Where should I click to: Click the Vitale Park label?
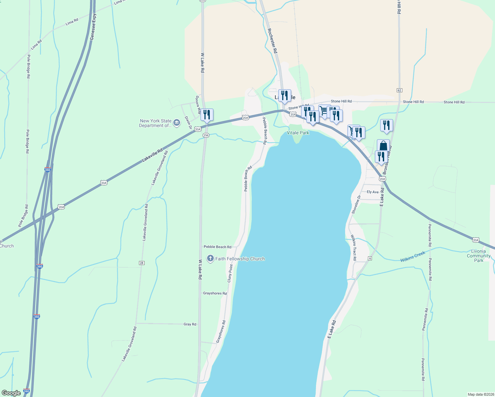pos(298,133)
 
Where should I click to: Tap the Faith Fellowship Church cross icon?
pos(210,258)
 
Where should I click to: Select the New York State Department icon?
pos(177,123)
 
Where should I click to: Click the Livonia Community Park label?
pos(478,256)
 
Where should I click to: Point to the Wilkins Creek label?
pos(413,257)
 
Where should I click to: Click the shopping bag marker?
pos(383,146)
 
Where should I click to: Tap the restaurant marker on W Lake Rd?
pos(207,115)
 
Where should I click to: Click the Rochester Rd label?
pos(272,41)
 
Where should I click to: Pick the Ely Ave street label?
pos(373,192)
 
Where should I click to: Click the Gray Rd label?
pos(190,324)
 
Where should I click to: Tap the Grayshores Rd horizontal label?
pos(215,293)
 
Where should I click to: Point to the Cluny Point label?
pos(230,273)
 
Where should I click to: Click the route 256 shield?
pos(206,135)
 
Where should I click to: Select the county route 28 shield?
pos(142,263)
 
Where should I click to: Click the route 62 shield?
pos(399,90)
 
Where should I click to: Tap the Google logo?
pos(11,393)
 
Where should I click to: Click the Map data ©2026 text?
pos(480,394)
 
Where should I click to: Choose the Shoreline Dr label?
pos(356,204)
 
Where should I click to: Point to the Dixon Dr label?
pos(188,122)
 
